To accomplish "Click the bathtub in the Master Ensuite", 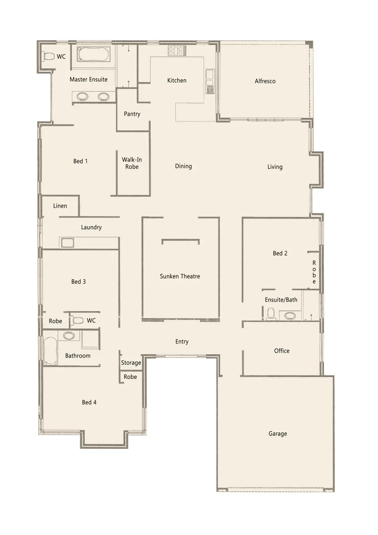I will pyautogui.click(x=94, y=54).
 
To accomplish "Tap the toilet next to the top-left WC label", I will pyautogui.click(x=48, y=57).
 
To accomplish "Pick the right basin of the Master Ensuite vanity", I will pyautogui.click(x=103, y=97).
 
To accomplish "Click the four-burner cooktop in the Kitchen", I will pyautogui.click(x=177, y=50).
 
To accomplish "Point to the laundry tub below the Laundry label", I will pyautogui.click(x=67, y=242).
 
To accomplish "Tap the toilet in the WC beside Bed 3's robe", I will pyautogui.click(x=76, y=321).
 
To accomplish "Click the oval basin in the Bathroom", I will pyautogui.click(x=69, y=335).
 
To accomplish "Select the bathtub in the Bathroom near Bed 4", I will pyautogui.click(x=50, y=351).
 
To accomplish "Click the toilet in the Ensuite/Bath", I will pyautogui.click(x=270, y=314).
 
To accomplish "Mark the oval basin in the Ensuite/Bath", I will pyautogui.click(x=290, y=315).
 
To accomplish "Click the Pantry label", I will pyautogui.click(x=132, y=114).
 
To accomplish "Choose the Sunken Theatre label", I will pyautogui.click(x=180, y=276).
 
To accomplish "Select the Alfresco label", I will pyautogui.click(x=265, y=81).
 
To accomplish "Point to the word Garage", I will pyautogui.click(x=277, y=433).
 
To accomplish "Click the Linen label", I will pyautogui.click(x=59, y=206).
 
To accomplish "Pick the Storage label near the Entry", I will pyautogui.click(x=131, y=363).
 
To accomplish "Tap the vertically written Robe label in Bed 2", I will pyautogui.click(x=314, y=272).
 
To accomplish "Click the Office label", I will pyautogui.click(x=281, y=351).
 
